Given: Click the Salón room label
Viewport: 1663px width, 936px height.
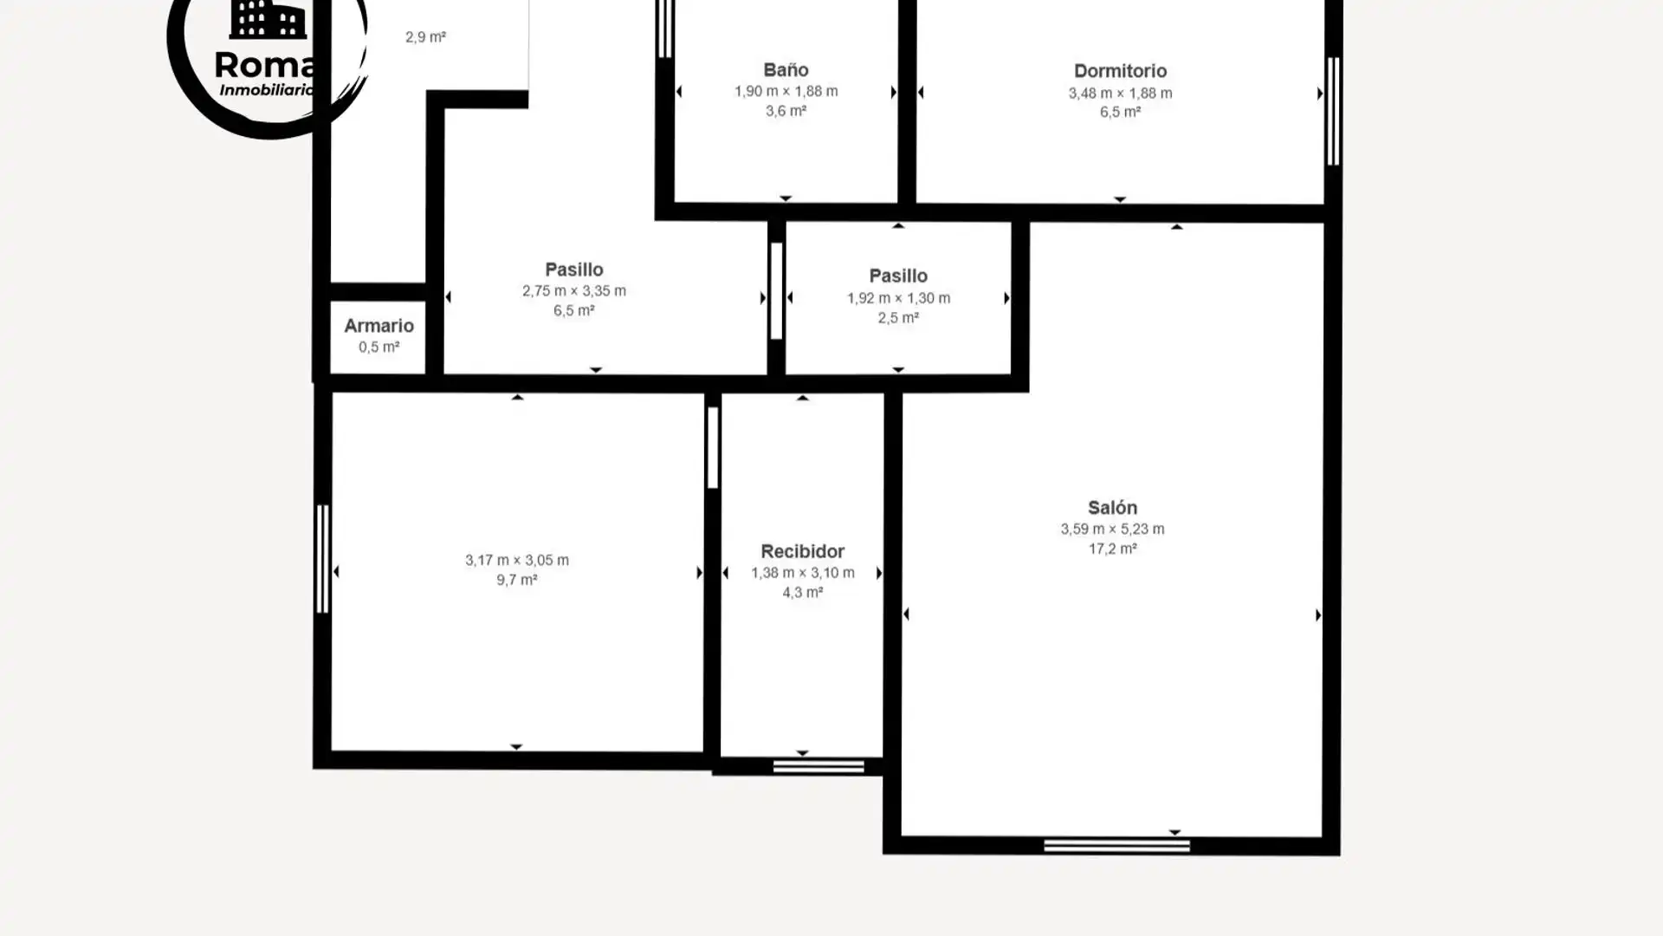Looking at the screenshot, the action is (x=1112, y=507).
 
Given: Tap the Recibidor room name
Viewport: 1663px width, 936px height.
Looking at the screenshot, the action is (x=802, y=551).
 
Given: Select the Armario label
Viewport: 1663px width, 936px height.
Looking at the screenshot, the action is (x=379, y=326).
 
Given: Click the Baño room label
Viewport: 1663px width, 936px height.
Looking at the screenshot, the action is (x=786, y=69).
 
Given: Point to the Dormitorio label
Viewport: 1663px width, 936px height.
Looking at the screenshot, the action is (x=1120, y=71).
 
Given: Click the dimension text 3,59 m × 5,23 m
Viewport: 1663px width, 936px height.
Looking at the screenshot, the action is (x=1112, y=529).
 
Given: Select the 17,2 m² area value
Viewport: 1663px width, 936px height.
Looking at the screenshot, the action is (x=1112, y=549).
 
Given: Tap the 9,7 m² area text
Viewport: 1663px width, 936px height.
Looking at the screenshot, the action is (x=516, y=580).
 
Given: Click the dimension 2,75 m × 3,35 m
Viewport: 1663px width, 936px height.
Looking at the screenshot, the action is (x=573, y=291).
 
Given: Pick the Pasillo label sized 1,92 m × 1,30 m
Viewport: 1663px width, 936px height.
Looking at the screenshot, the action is (x=898, y=276).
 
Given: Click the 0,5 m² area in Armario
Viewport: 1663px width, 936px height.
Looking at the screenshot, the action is (x=379, y=348).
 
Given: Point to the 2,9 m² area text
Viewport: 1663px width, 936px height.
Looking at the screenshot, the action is (x=425, y=37).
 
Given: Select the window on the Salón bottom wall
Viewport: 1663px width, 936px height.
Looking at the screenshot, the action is (x=1116, y=846).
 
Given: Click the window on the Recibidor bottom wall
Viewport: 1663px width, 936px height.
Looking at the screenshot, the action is (x=819, y=766).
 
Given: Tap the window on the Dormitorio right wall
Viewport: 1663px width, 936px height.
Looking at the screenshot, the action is (x=1333, y=111).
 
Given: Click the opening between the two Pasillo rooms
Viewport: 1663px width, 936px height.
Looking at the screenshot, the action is (x=776, y=291).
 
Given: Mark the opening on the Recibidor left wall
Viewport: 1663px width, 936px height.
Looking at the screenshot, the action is (x=712, y=447).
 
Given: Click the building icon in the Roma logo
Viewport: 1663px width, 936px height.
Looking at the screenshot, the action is (x=268, y=19).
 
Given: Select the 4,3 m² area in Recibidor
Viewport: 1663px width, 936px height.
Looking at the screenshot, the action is (x=802, y=593).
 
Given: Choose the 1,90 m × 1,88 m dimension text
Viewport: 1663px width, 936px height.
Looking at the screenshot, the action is (x=786, y=91).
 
